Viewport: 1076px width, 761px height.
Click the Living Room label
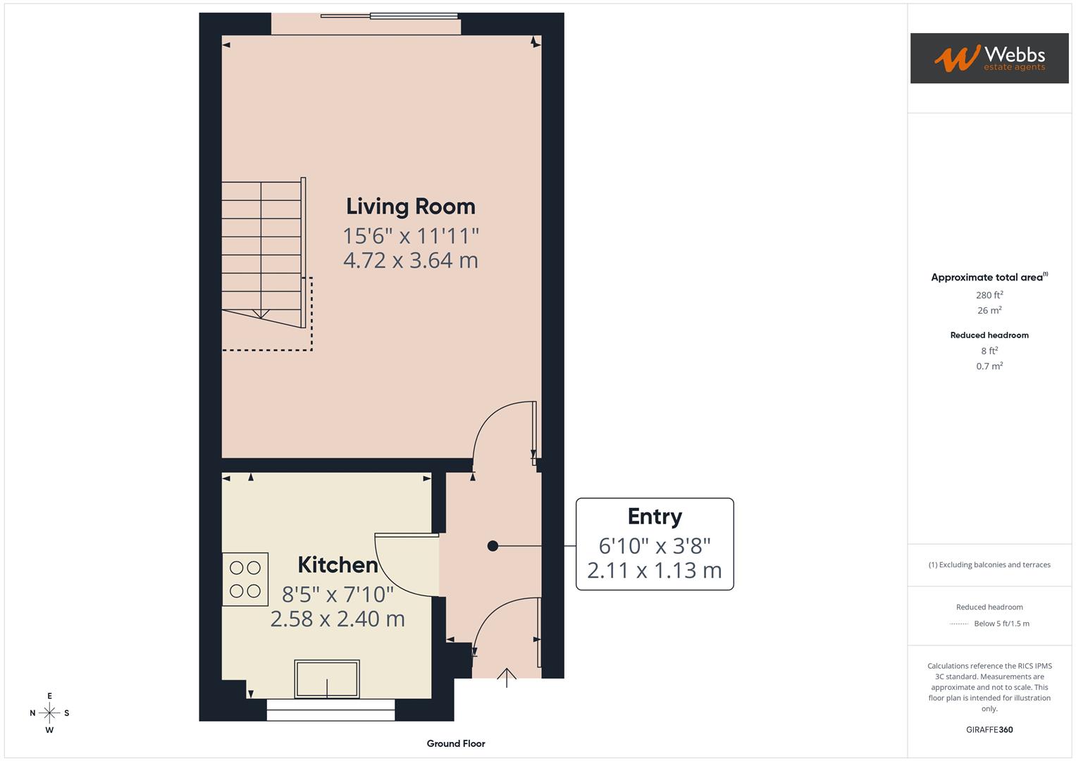click(410, 206)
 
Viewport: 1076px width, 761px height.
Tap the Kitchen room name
click(338, 564)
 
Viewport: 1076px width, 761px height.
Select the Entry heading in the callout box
click(655, 516)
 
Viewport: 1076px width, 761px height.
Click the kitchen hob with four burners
click(245, 579)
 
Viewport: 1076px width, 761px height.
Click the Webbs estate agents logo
click(989, 58)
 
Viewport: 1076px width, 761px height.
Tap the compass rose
click(49, 713)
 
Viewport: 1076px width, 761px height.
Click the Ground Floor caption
click(456, 743)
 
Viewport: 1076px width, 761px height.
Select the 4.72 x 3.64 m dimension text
click(410, 260)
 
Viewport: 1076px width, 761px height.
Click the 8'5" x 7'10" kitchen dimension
click(338, 594)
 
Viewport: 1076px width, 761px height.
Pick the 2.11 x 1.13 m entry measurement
click(655, 570)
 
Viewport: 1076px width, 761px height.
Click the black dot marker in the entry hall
click(493, 545)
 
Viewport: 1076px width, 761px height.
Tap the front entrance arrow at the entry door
click(507, 676)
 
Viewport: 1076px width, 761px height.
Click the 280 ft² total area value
click(989, 295)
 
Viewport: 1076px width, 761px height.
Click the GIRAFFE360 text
click(989, 729)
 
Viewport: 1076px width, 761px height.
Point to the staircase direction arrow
click(261, 314)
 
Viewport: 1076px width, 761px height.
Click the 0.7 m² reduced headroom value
click(989, 366)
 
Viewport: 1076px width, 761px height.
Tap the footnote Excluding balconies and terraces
click(989, 564)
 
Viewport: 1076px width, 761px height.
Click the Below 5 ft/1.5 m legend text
click(1001, 624)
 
